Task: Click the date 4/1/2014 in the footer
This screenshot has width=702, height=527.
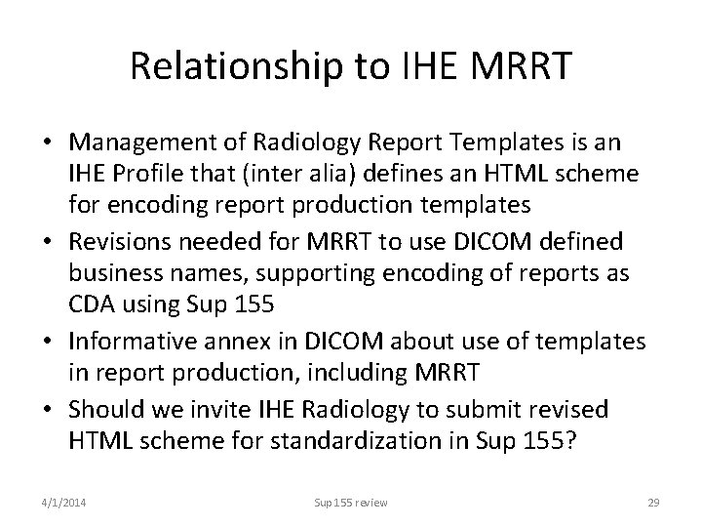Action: (x=60, y=502)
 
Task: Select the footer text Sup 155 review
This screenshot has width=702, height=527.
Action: (x=350, y=502)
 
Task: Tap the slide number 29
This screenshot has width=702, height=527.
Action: (x=653, y=502)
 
